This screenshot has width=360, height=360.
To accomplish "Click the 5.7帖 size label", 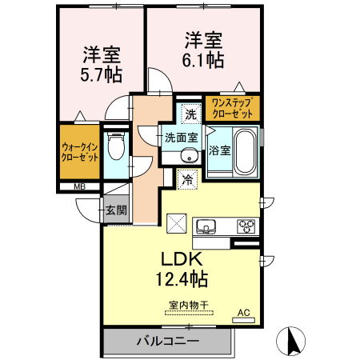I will tap(101, 75).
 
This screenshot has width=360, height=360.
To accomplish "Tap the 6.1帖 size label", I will tap(203, 59).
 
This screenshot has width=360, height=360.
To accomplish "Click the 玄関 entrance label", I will tap(115, 210).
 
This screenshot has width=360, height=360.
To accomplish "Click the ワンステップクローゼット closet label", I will tap(232, 108).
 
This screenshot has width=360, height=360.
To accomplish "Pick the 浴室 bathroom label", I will tap(219, 149).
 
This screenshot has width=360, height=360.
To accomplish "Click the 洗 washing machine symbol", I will tap(190, 113).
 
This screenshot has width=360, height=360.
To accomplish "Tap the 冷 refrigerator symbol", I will tap(187, 180).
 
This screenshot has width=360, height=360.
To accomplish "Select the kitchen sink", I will tap(206, 226).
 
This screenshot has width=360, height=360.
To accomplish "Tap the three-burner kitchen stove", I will tap(246, 226).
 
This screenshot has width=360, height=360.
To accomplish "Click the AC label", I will tap(242, 313).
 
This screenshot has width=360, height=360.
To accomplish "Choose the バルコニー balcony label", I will tap(166, 342).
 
